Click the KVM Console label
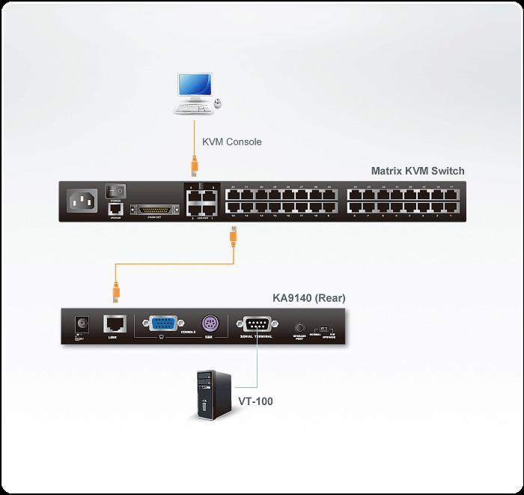(231, 142)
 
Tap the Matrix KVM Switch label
(418, 171)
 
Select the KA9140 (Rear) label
(308, 298)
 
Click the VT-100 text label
(255, 401)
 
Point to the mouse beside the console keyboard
(217, 103)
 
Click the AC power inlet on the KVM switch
(82, 200)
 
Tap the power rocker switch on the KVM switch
(115, 192)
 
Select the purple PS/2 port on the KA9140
(210, 325)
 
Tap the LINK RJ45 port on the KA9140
(115, 324)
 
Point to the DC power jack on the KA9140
(80, 325)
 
